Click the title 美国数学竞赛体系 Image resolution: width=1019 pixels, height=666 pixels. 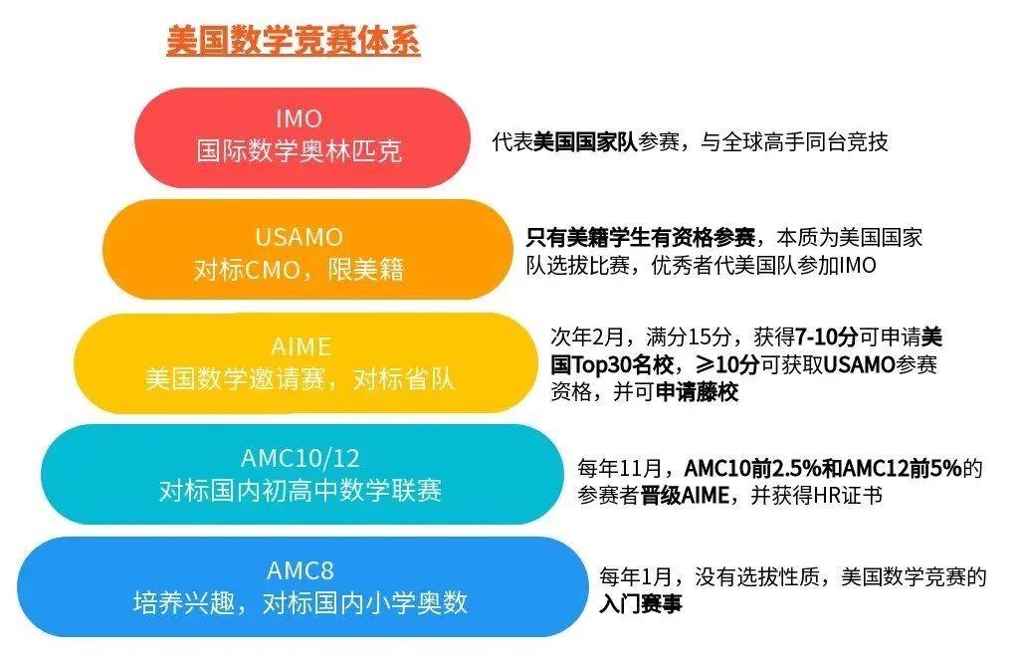(293, 42)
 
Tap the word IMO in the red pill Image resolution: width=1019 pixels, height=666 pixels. (300, 118)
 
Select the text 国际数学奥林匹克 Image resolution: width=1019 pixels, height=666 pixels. (300, 152)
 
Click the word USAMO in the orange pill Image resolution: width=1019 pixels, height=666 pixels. (299, 237)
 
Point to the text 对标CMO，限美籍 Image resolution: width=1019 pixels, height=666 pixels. (299, 269)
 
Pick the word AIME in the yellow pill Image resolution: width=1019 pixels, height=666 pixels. (300, 346)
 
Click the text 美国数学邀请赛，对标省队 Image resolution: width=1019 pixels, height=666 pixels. (300, 379)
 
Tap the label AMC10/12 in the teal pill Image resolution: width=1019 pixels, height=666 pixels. (300, 458)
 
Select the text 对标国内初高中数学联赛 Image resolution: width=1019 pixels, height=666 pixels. (300, 491)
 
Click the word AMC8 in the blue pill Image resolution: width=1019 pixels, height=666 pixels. (300, 570)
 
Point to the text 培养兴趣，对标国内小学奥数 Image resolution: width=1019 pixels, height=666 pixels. (300, 603)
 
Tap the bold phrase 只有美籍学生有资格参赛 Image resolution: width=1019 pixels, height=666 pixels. (641, 238)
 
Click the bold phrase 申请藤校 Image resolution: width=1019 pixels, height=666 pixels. (697, 392)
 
